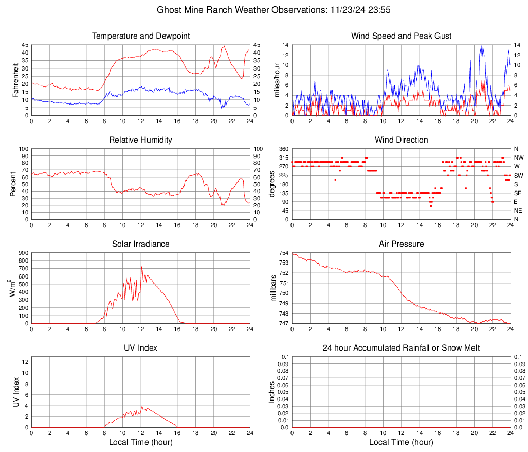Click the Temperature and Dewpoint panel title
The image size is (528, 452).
pyautogui.click(x=141, y=36)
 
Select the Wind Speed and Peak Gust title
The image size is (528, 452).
pyautogui.click(x=401, y=36)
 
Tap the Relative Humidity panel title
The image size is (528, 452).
pyautogui.click(x=141, y=140)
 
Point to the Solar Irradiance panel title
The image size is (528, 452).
pyautogui.click(x=141, y=244)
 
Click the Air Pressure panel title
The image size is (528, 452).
pyautogui.click(x=401, y=244)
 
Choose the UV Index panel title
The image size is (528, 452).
pyautogui.click(x=141, y=348)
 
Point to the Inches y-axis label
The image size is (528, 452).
pyautogui.click(x=272, y=392)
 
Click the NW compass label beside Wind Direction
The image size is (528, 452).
pyautogui.click(x=518, y=158)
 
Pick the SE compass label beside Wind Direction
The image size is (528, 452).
pyautogui.click(x=518, y=193)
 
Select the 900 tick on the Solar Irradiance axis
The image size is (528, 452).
pyautogui.click(x=23, y=253)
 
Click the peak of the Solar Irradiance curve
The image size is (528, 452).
pyautogui.click(x=141, y=267)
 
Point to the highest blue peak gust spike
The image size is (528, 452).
pyautogui.click(x=482, y=46)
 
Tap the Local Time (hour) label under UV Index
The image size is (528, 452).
pyautogui.click(x=141, y=442)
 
